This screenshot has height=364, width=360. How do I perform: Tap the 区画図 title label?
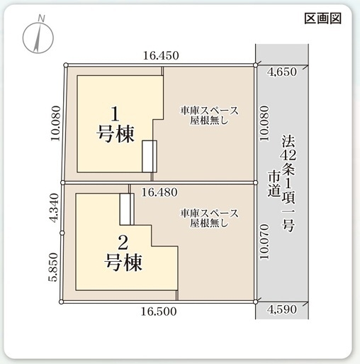[322, 18]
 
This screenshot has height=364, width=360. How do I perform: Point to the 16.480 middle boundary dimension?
[160, 192]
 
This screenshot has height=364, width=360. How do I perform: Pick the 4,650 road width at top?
[283, 72]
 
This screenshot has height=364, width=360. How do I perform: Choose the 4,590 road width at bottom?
[283, 309]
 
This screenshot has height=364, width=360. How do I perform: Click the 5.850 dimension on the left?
[55, 269]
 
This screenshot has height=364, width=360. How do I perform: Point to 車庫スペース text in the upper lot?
[209, 111]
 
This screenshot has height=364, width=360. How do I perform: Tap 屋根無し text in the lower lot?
[209, 224]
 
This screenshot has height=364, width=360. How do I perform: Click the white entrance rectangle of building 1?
[149, 156]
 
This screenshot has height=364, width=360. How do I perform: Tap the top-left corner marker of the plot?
[65, 66]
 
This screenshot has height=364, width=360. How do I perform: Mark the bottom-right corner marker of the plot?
[257, 302]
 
